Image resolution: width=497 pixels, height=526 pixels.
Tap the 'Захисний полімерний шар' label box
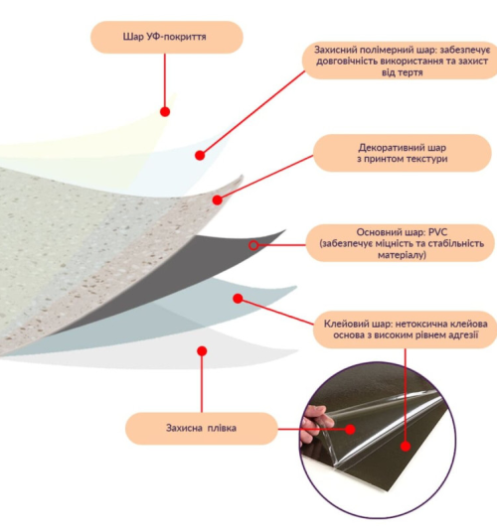(400, 61)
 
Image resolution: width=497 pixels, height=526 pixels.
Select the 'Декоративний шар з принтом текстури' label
(402, 153)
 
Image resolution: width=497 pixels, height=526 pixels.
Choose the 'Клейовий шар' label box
(405, 329)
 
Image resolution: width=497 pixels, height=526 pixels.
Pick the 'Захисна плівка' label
(202, 429)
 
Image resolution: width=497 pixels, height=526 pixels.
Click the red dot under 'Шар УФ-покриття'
(165, 112)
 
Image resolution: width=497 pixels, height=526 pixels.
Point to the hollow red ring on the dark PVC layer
(253, 245)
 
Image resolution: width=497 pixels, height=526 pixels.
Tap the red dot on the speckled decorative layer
(218, 199)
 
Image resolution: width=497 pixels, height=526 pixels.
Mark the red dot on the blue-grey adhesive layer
(238, 298)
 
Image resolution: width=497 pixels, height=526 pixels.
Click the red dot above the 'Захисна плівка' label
(202, 351)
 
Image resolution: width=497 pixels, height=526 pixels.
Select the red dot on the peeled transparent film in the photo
(350, 429)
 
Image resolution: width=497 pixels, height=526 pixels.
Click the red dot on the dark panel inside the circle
(406, 447)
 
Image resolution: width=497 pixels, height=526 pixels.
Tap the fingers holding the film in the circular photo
(314, 424)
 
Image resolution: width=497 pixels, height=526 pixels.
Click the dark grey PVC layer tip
(284, 231)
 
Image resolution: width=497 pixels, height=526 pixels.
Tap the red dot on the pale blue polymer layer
(200, 155)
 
